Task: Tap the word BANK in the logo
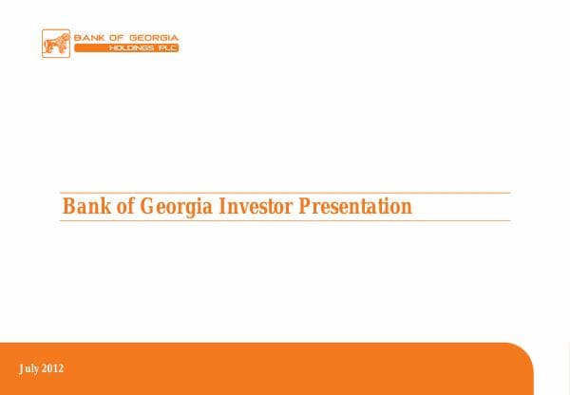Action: (x=88, y=38)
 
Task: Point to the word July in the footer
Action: (x=28, y=368)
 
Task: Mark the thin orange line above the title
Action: (x=285, y=193)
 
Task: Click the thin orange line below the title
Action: (x=285, y=221)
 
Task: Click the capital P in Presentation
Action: (x=306, y=207)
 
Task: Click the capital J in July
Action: (x=21, y=368)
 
